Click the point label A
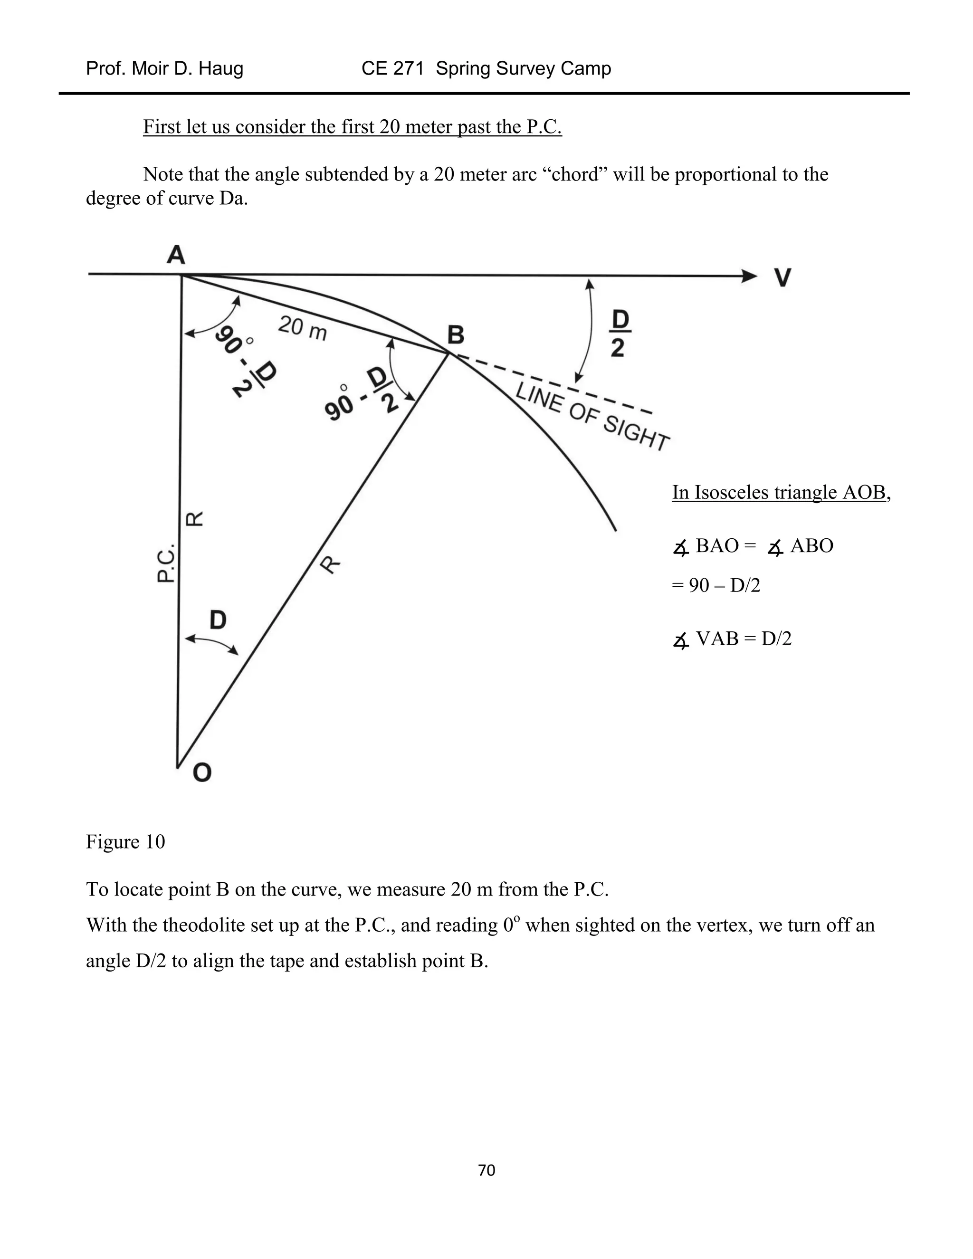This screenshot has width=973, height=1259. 176,254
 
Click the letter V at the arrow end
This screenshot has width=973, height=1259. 782,278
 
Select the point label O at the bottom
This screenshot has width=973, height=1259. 202,773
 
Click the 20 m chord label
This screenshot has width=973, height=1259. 302,329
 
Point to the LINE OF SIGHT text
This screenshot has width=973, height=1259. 592,416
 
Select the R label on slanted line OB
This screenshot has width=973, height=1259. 330,564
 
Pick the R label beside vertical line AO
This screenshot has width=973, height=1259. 194,519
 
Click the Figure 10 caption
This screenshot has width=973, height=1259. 125,842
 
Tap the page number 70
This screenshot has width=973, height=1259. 486,1170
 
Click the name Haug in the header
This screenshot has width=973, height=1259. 222,68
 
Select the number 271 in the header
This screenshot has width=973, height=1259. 408,68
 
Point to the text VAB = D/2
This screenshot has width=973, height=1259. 743,639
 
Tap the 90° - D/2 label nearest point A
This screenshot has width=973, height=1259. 245,366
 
